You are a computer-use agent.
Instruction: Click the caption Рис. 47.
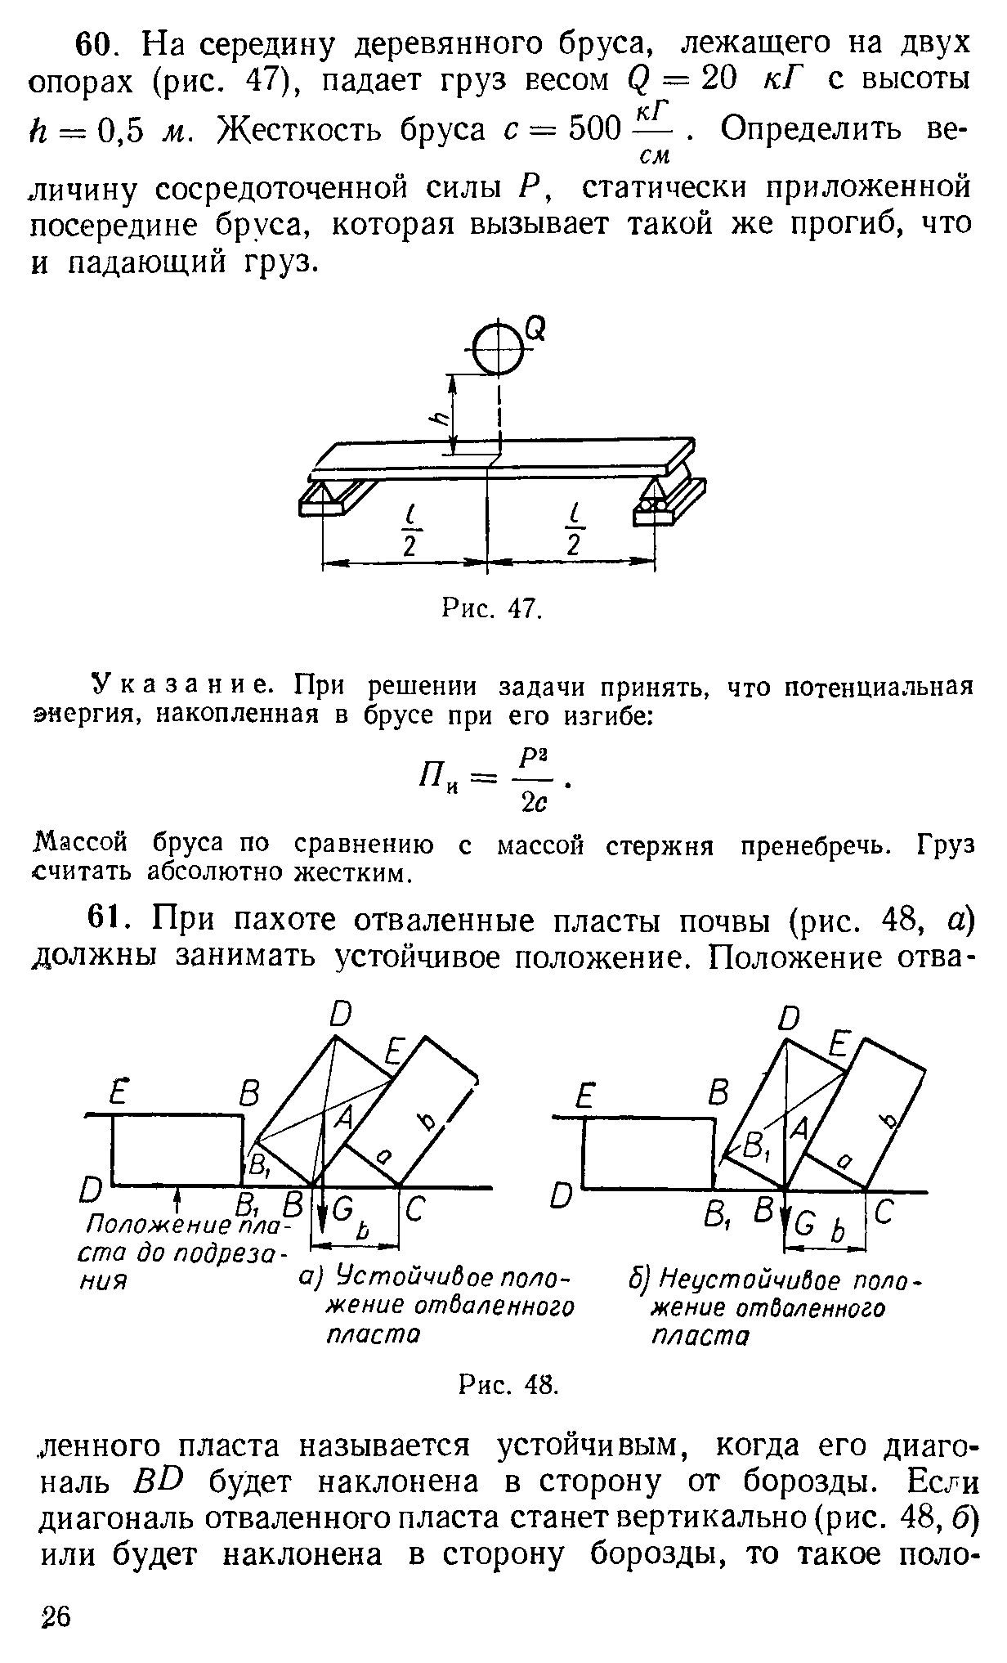click(491, 609)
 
